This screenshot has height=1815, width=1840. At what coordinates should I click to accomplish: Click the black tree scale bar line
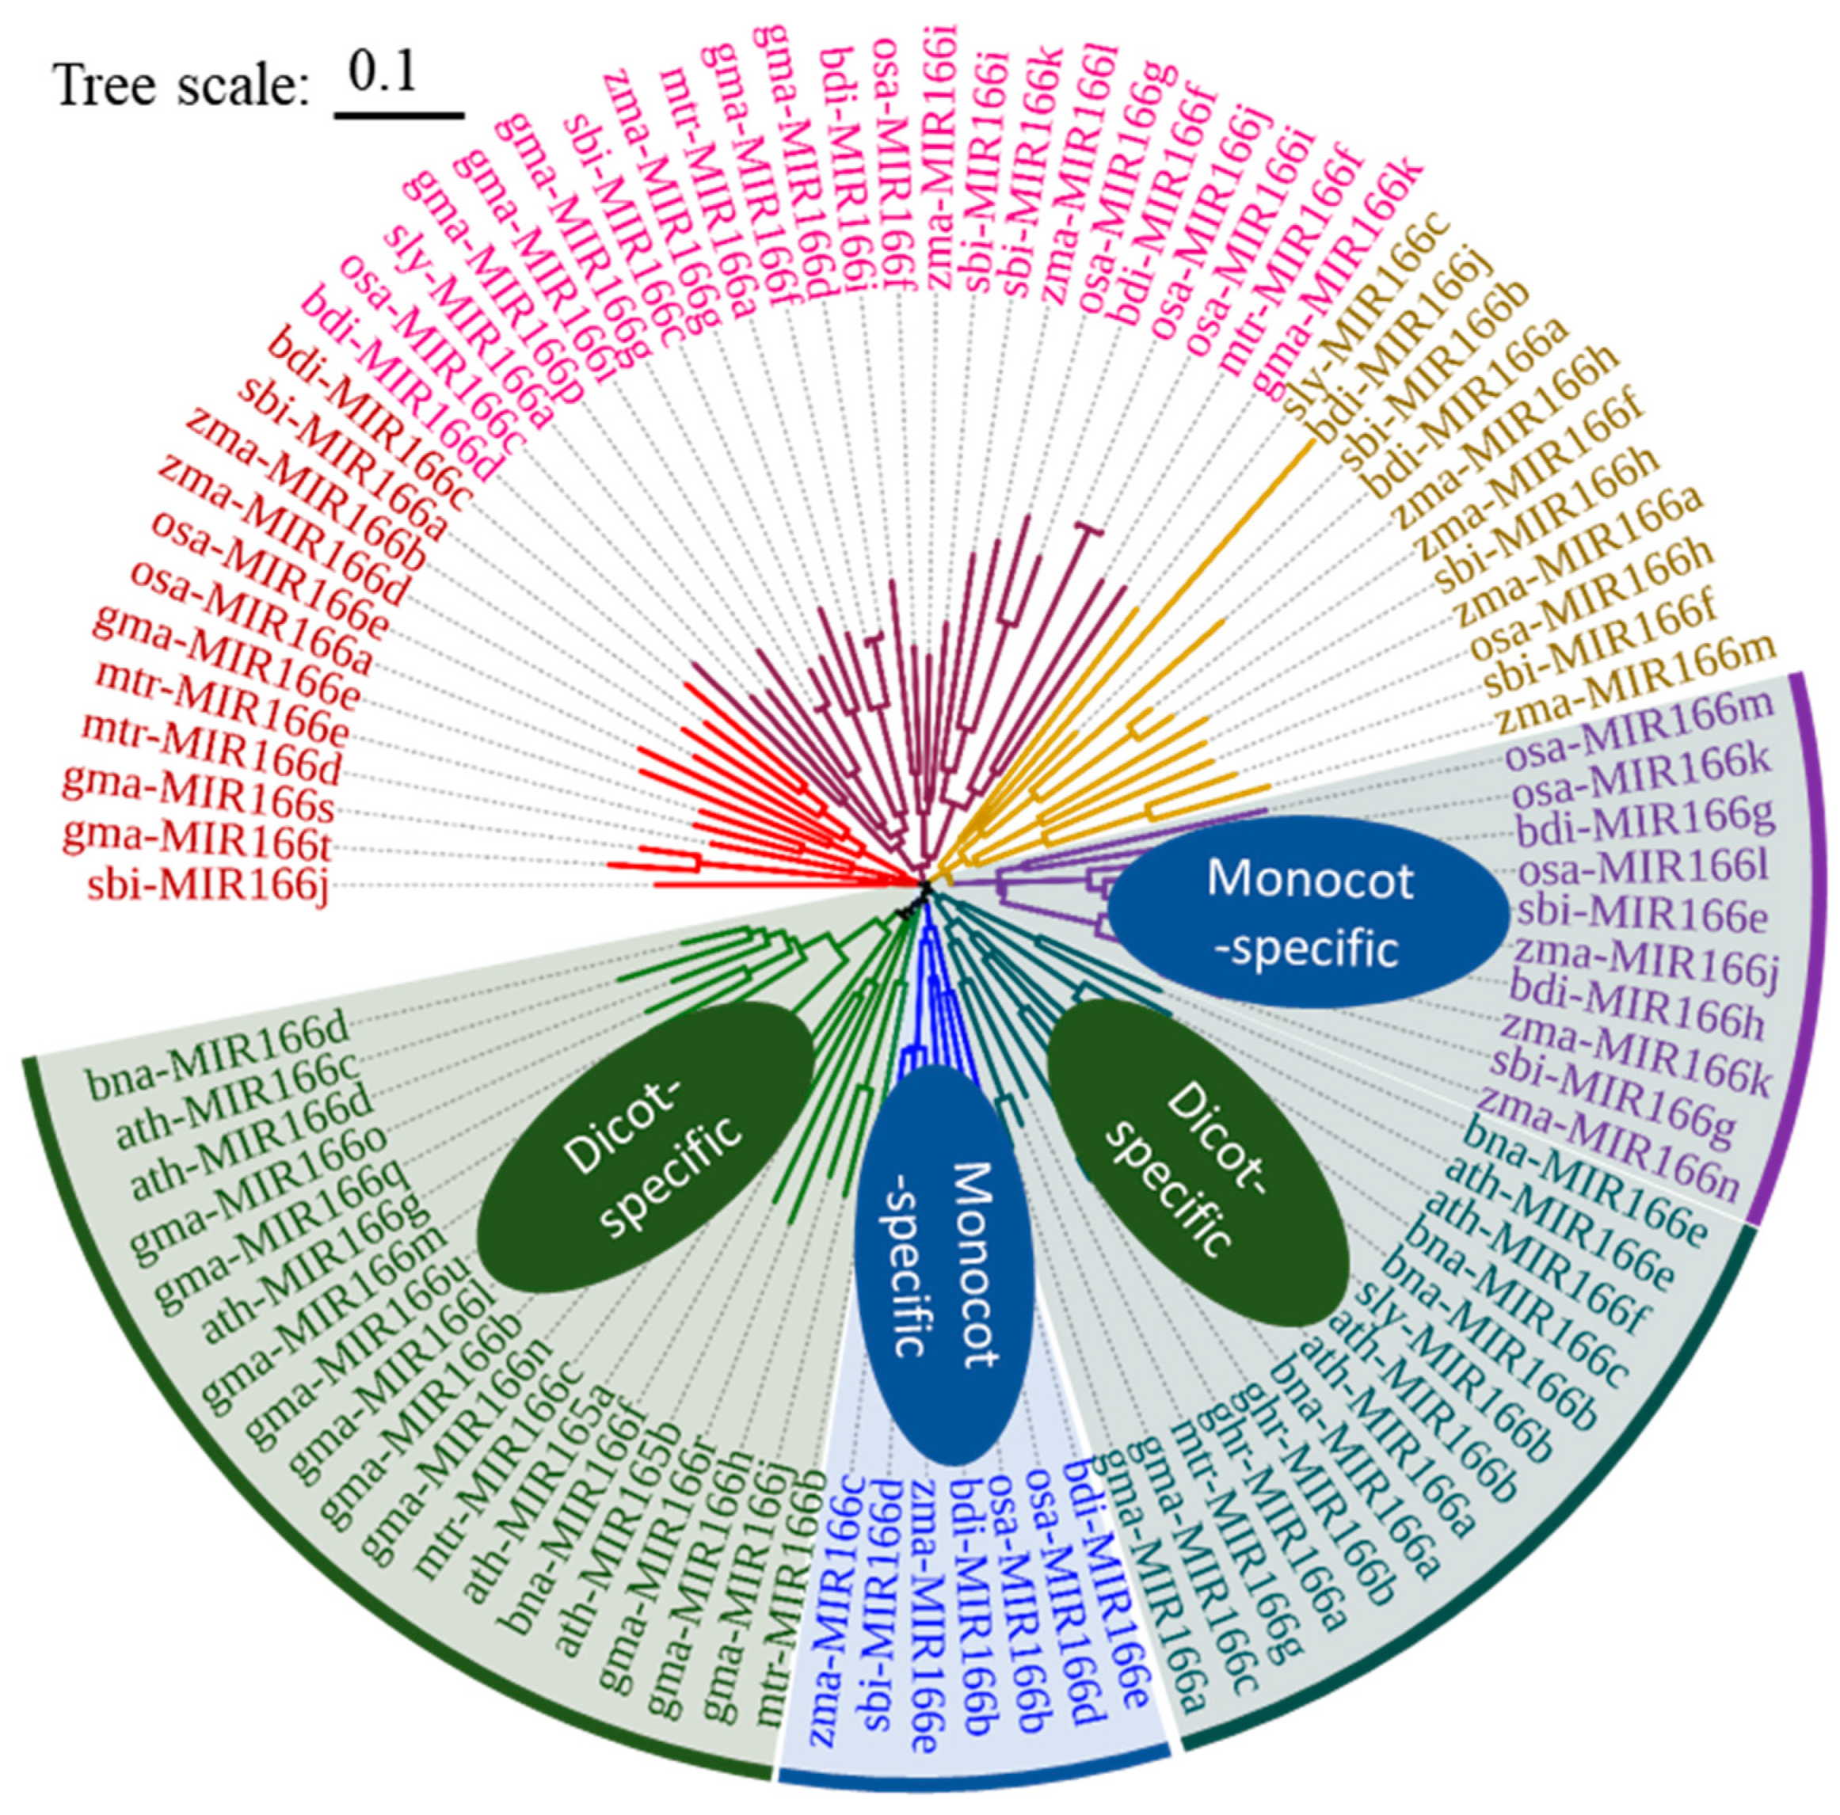click(398, 114)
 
